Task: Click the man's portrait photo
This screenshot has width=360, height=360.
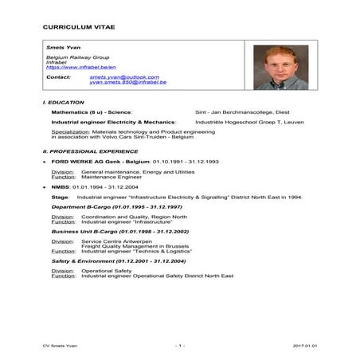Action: click(x=281, y=67)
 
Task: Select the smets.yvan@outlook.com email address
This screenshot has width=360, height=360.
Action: click(x=119, y=77)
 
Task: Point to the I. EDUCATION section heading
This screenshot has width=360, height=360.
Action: click(x=63, y=103)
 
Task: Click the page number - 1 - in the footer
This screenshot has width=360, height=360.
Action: click(x=180, y=346)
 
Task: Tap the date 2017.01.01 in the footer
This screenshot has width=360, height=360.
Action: click(x=304, y=346)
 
